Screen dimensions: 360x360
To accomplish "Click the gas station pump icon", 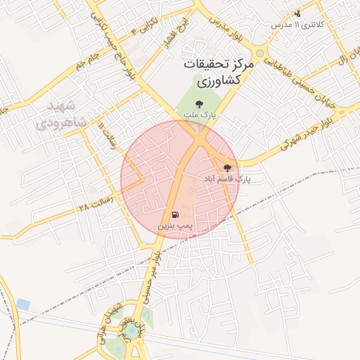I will point(174,214).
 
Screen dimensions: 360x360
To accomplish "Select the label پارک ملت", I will point(207,114).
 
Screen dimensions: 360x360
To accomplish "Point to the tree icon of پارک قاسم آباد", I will point(227,168).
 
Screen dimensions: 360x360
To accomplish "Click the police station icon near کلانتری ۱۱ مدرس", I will point(297,13).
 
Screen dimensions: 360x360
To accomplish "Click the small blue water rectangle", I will point(24,304).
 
